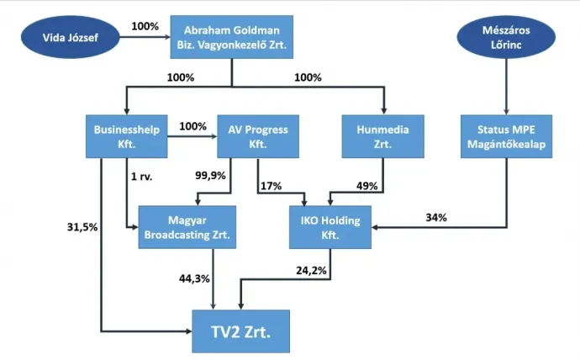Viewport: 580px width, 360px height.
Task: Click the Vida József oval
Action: tap(71, 37)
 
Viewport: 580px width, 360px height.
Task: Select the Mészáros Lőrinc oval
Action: tap(506, 37)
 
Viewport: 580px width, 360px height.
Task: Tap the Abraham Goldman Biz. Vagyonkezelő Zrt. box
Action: tap(231, 37)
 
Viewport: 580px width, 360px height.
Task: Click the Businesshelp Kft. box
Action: tap(126, 136)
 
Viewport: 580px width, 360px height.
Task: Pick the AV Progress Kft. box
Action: tap(258, 136)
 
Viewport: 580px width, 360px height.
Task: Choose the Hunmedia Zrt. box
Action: tap(382, 136)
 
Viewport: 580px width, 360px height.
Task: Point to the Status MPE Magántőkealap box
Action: tap(506, 136)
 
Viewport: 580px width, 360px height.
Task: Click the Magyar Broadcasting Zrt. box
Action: tap(187, 227)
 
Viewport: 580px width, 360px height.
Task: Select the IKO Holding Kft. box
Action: tap(330, 227)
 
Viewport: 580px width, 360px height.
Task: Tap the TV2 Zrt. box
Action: tap(240, 331)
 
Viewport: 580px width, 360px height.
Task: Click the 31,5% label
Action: tap(82, 227)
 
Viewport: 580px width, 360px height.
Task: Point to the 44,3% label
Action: tap(194, 278)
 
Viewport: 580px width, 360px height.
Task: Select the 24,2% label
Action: tap(312, 271)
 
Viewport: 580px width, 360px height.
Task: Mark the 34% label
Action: tap(436, 218)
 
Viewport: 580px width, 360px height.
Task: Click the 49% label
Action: tap(367, 186)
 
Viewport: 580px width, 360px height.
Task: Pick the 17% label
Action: tap(272, 186)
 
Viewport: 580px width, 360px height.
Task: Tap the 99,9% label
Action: tap(210, 176)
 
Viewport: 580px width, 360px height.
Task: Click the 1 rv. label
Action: tap(142, 177)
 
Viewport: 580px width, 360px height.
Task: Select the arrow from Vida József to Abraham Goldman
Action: tap(145, 37)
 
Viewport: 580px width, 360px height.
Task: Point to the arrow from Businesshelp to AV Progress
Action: tap(192, 136)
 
